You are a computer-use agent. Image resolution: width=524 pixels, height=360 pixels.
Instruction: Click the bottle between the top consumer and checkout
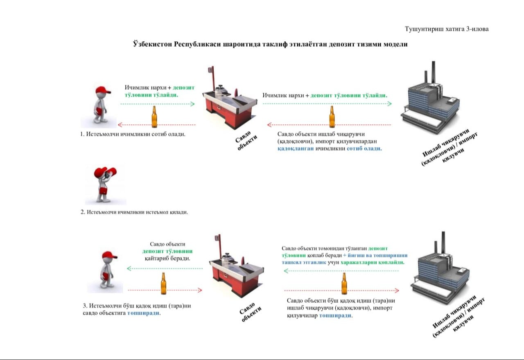tap(154, 117)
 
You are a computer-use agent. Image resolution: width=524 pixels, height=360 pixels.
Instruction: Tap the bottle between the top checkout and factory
tap(332, 117)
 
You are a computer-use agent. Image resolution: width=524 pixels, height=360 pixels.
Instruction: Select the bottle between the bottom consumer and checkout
tap(164, 283)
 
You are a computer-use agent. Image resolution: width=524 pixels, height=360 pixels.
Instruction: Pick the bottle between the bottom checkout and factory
tap(344, 283)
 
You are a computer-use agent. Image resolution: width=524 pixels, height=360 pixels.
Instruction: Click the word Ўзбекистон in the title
tap(152, 44)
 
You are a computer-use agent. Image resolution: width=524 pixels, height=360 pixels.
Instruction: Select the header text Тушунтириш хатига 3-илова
tap(447, 29)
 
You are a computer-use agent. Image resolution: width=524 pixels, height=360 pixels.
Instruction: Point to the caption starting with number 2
tap(134, 212)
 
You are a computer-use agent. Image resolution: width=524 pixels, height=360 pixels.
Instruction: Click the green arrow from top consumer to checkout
tap(158, 104)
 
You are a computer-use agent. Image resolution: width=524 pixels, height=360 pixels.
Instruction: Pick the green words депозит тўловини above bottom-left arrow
tap(167, 251)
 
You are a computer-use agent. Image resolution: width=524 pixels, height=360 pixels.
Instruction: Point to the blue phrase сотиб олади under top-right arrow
tap(364, 148)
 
